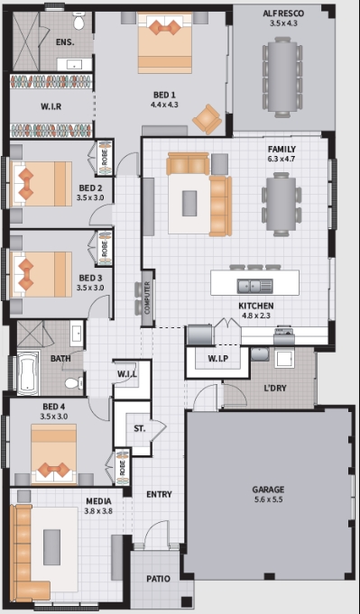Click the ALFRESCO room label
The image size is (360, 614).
pyautogui.click(x=283, y=14)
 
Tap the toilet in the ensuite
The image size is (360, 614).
pyautogui.click(x=79, y=21)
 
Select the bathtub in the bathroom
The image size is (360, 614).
pyautogui.click(x=28, y=372)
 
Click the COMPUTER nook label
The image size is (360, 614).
pyautogui.click(x=147, y=298)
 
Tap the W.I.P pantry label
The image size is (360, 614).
pyautogui.click(x=217, y=358)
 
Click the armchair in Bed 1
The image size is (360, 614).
pyautogui.click(x=207, y=119)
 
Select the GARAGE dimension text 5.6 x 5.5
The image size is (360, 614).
pyautogui.click(x=268, y=499)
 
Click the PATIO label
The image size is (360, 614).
pyautogui.click(x=158, y=578)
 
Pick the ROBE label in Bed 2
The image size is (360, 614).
pyautogui.click(x=105, y=157)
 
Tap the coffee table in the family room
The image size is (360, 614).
pyautogui.click(x=189, y=203)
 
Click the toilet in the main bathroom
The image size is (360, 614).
pyautogui.click(x=74, y=383)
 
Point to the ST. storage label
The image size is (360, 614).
pyautogui.click(x=139, y=428)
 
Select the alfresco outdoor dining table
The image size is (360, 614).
pyautogui.click(x=282, y=78)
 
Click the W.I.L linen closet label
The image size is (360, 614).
pyautogui.click(x=127, y=374)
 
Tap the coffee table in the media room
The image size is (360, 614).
pyautogui.click(x=51, y=547)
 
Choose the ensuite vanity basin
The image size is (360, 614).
pyautogui.click(x=74, y=65)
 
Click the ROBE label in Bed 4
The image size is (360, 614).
pyautogui.click(x=122, y=467)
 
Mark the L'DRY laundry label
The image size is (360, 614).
pyautogui.click(x=274, y=388)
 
